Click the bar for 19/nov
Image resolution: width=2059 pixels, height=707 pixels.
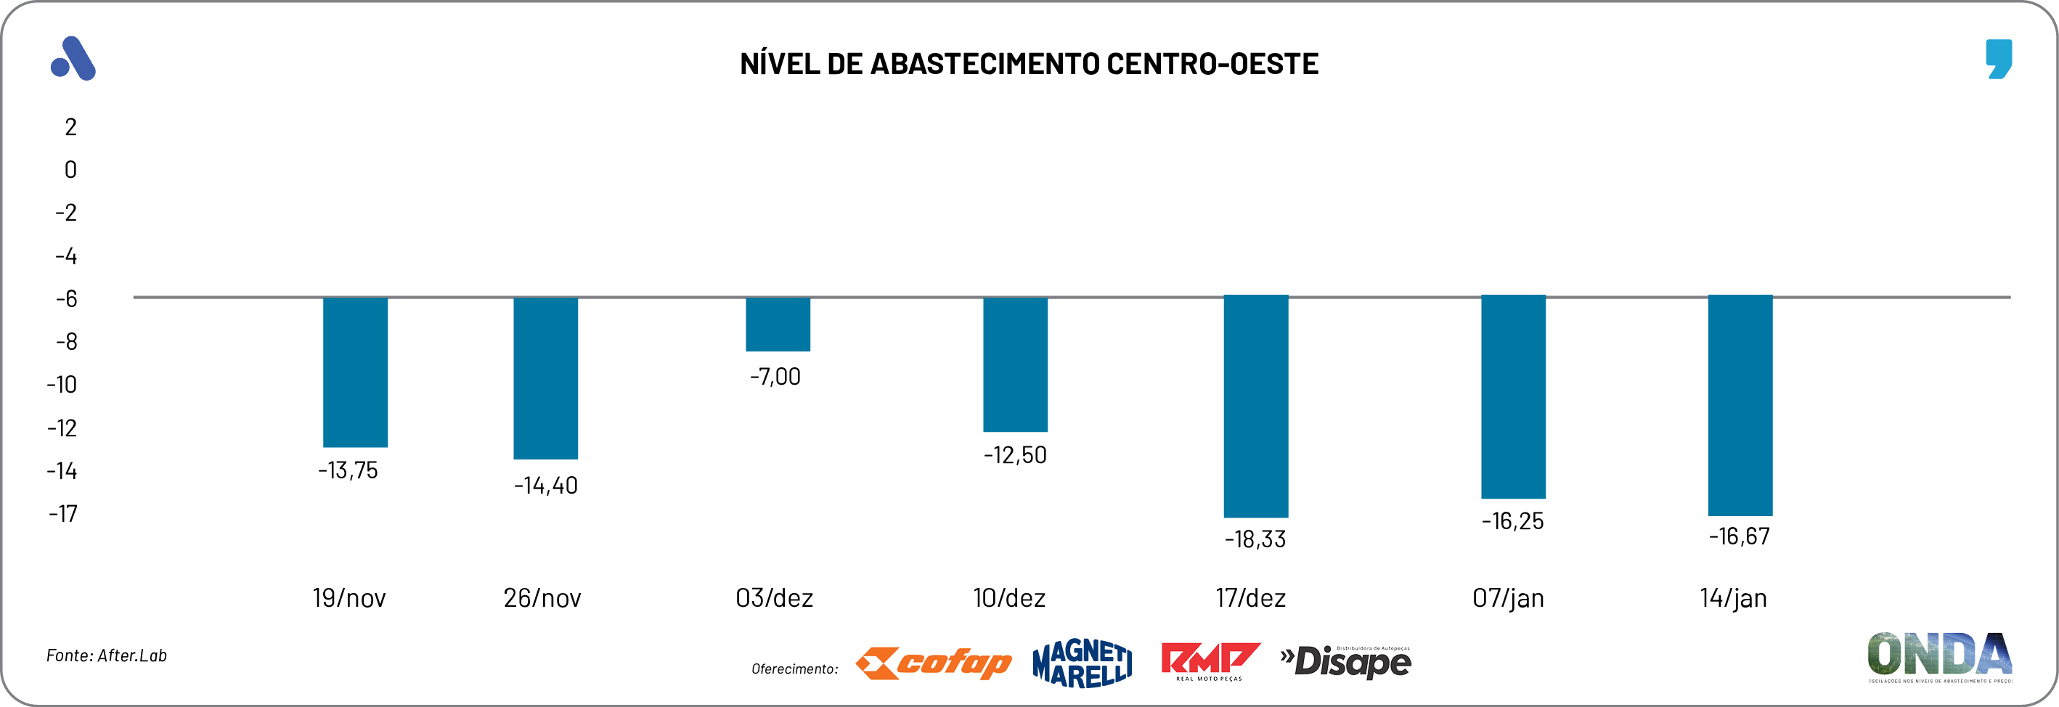355,372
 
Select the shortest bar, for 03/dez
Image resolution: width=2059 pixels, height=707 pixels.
778,324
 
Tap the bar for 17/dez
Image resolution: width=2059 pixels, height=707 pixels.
1256,406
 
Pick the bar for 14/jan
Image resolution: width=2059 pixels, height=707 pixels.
1740,405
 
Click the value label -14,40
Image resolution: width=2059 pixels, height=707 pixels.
546,486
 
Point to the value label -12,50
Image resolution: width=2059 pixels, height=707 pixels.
1015,455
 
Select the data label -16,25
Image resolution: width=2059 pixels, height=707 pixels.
1512,522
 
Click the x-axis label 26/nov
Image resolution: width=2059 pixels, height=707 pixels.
542,598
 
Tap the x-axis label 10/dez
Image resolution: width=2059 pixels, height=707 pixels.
1008,598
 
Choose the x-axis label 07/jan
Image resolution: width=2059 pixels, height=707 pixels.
1507,598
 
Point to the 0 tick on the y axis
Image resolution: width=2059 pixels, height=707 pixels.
70,170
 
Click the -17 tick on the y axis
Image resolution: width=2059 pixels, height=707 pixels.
63,514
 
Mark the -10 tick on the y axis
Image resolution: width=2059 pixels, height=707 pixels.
62,385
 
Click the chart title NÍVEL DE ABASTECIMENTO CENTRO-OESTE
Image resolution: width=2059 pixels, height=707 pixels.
1029,64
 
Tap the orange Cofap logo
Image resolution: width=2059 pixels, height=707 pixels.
933,663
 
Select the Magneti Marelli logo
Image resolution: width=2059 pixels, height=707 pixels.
1082,663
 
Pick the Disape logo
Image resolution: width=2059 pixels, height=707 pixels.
1346,662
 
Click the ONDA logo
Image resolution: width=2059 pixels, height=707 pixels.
1939,657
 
